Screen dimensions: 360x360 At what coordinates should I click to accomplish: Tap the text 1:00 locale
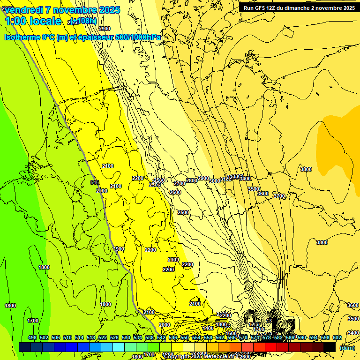click(x=32, y=21)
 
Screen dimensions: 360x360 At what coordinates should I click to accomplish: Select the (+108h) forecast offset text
click(x=84, y=21)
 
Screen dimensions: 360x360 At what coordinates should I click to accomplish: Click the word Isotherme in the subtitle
click(x=22, y=37)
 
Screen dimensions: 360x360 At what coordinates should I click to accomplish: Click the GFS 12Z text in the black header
click(x=264, y=8)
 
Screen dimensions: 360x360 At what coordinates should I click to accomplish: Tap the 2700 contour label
click(x=180, y=183)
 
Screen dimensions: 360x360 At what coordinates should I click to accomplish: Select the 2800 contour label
click(x=191, y=180)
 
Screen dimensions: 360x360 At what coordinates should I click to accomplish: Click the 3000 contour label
click(x=214, y=181)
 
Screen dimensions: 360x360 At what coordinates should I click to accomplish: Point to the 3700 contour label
click(x=279, y=196)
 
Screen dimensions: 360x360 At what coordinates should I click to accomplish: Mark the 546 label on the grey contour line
click(x=95, y=182)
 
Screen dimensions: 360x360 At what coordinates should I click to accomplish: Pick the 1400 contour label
click(x=208, y=328)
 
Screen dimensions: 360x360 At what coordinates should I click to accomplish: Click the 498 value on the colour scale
click(x=32, y=337)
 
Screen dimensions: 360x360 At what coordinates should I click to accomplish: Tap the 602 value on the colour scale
click(x=337, y=337)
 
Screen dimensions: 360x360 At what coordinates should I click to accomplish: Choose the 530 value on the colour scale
click(x=126, y=337)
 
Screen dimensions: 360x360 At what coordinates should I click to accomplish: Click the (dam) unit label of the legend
click(x=347, y=347)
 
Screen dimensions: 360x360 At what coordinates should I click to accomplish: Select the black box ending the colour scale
click(x=330, y=347)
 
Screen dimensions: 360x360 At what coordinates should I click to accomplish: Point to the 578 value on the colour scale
click(x=266, y=337)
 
